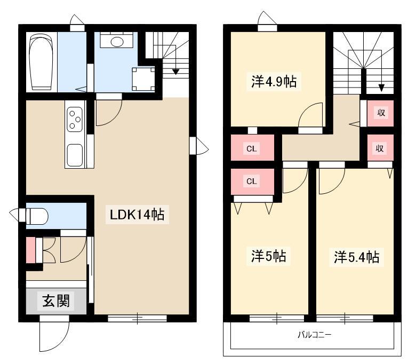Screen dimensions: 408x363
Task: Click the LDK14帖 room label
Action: click(137, 215)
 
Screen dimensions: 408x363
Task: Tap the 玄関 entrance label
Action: click(56, 301)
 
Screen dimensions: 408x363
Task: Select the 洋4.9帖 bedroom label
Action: click(274, 82)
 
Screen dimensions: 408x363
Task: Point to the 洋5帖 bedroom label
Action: click(268, 256)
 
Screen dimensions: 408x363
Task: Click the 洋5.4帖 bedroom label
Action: click(356, 257)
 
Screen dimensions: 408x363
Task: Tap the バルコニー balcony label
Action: click(315, 335)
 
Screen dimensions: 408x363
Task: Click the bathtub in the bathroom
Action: click(42, 62)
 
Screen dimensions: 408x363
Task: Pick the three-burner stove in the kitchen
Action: click(75, 119)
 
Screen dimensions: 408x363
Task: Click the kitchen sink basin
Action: click(75, 155)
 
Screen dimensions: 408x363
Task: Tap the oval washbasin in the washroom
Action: click(117, 41)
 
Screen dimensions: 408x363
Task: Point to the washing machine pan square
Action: click(143, 78)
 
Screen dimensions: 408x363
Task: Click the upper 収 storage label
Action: click(381, 113)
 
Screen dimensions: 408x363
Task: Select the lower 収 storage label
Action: click(380, 149)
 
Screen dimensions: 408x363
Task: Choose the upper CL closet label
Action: click(252, 149)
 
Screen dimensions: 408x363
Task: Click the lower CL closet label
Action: click(252, 181)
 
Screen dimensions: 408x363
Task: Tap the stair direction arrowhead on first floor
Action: click(176, 72)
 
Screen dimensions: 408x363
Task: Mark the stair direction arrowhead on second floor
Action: click(381, 88)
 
